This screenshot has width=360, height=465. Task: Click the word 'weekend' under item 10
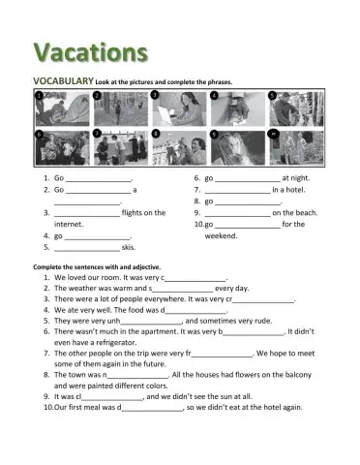pos(224,235)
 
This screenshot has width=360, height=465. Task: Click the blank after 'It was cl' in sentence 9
pos(112,396)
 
